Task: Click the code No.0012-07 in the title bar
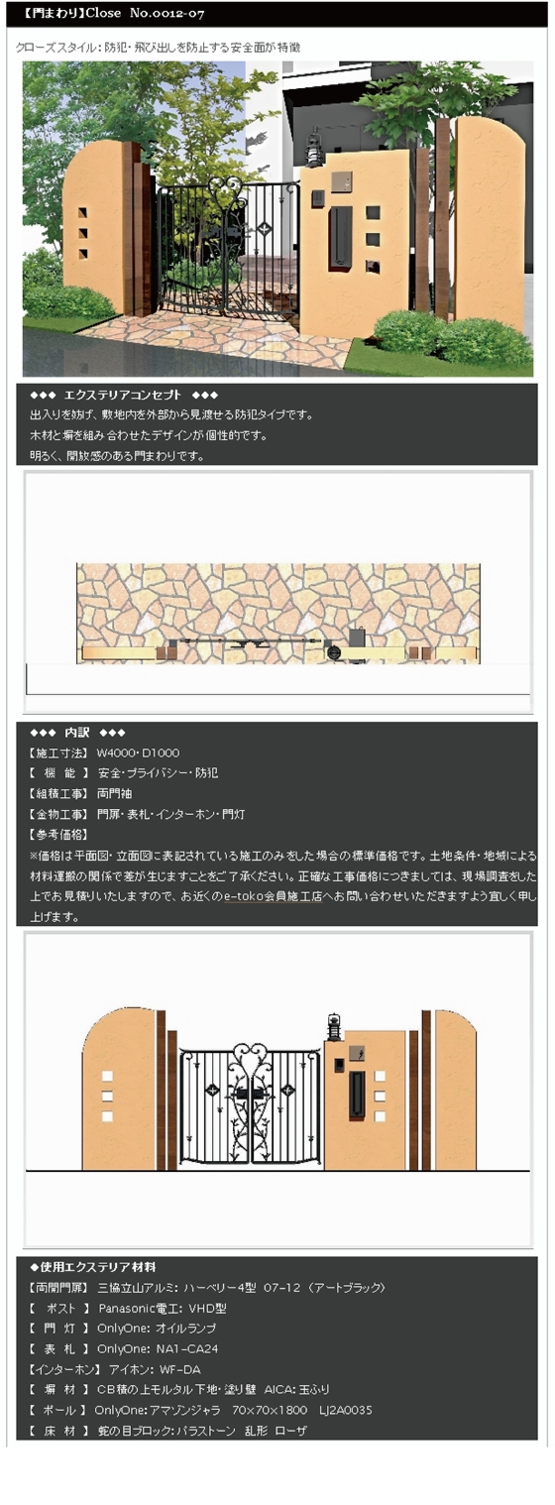coord(167,13)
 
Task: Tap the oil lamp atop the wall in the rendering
coord(314,150)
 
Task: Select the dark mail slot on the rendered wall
coord(340,236)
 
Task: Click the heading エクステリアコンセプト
coord(123,395)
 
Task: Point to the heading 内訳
coord(76,733)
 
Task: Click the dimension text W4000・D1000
coord(139,753)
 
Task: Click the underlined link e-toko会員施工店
coord(273,896)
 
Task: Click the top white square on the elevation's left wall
coord(107,1077)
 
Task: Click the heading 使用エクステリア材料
coord(98,1267)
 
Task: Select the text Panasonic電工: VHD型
coord(163,1308)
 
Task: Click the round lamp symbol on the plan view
coord(334,652)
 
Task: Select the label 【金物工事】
coord(58,814)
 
